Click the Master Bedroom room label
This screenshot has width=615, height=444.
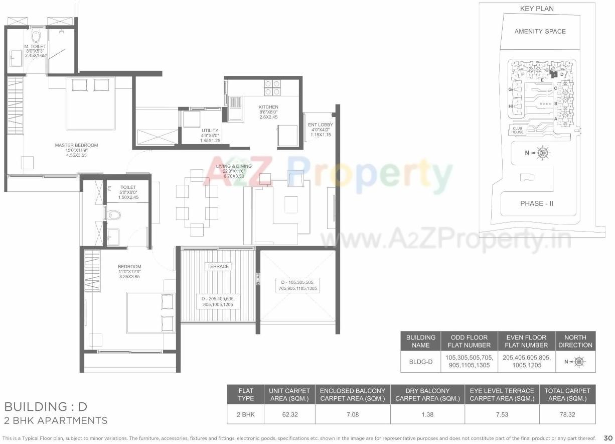pos(76,145)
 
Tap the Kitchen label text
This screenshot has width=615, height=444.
pos(268,107)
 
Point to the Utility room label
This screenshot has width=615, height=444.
pos(210,131)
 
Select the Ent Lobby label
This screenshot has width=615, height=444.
pos(320,125)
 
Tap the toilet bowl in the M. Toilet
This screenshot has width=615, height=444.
pos(36,35)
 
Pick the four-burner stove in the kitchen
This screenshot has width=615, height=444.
pos(271,87)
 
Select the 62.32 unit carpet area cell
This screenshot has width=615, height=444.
pos(289,415)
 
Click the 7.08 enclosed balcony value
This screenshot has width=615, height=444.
pos(352,415)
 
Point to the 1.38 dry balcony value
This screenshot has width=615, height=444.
pos(427,415)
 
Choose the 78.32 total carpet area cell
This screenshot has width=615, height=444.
pos(568,415)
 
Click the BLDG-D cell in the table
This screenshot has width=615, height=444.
pos(420,361)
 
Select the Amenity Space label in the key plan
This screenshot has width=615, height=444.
pos(540,31)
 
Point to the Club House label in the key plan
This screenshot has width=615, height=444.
pos(518,130)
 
